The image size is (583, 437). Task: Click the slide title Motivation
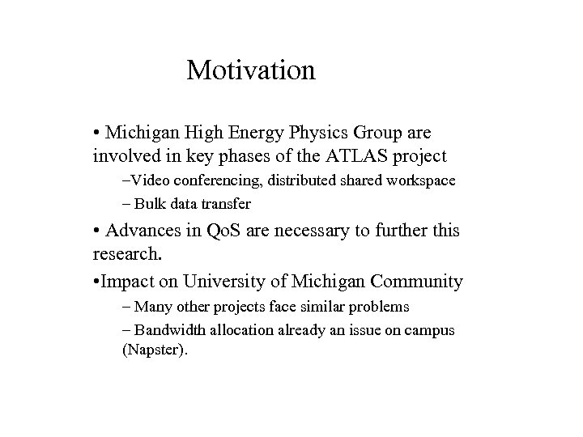coord(250,70)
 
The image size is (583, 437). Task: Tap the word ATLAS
coord(320,155)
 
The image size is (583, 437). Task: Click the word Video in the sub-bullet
coord(151,180)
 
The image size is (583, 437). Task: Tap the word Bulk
coord(151,203)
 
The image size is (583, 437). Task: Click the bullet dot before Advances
coord(96,231)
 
